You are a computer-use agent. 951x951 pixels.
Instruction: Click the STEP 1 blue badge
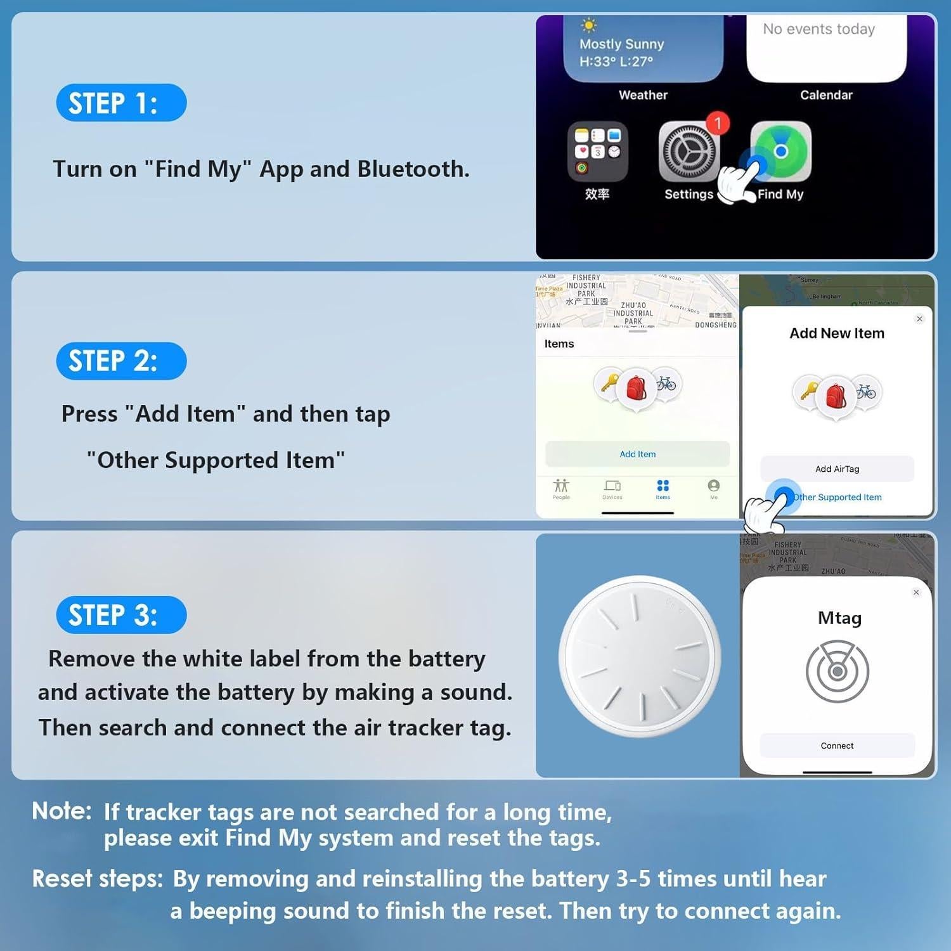pos(121,103)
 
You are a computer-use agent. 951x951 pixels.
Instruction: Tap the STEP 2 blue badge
pos(121,361)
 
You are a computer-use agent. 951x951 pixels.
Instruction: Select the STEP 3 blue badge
pos(121,615)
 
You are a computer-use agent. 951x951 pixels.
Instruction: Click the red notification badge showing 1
pos(718,123)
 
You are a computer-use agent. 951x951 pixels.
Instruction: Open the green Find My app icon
pos(781,152)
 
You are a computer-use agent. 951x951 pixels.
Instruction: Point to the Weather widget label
pos(643,95)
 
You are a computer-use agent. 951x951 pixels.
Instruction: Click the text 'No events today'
pos(818,29)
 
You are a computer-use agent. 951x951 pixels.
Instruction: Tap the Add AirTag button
pos(837,469)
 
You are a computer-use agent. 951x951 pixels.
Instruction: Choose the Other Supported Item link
pos(837,497)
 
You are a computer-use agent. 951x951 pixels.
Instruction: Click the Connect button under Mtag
pos(837,746)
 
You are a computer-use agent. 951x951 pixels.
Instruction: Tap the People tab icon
pos(561,486)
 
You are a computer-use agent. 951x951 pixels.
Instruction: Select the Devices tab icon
pos(612,486)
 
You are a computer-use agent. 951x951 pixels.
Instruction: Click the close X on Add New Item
pos(919,319)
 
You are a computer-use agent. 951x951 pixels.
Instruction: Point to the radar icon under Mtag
pos(837,671)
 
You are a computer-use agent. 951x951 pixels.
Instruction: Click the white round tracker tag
pos(639,656)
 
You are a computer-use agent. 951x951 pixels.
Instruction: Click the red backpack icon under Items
pos(636,388)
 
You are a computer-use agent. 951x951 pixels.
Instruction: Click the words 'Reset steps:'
pos(98,879)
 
